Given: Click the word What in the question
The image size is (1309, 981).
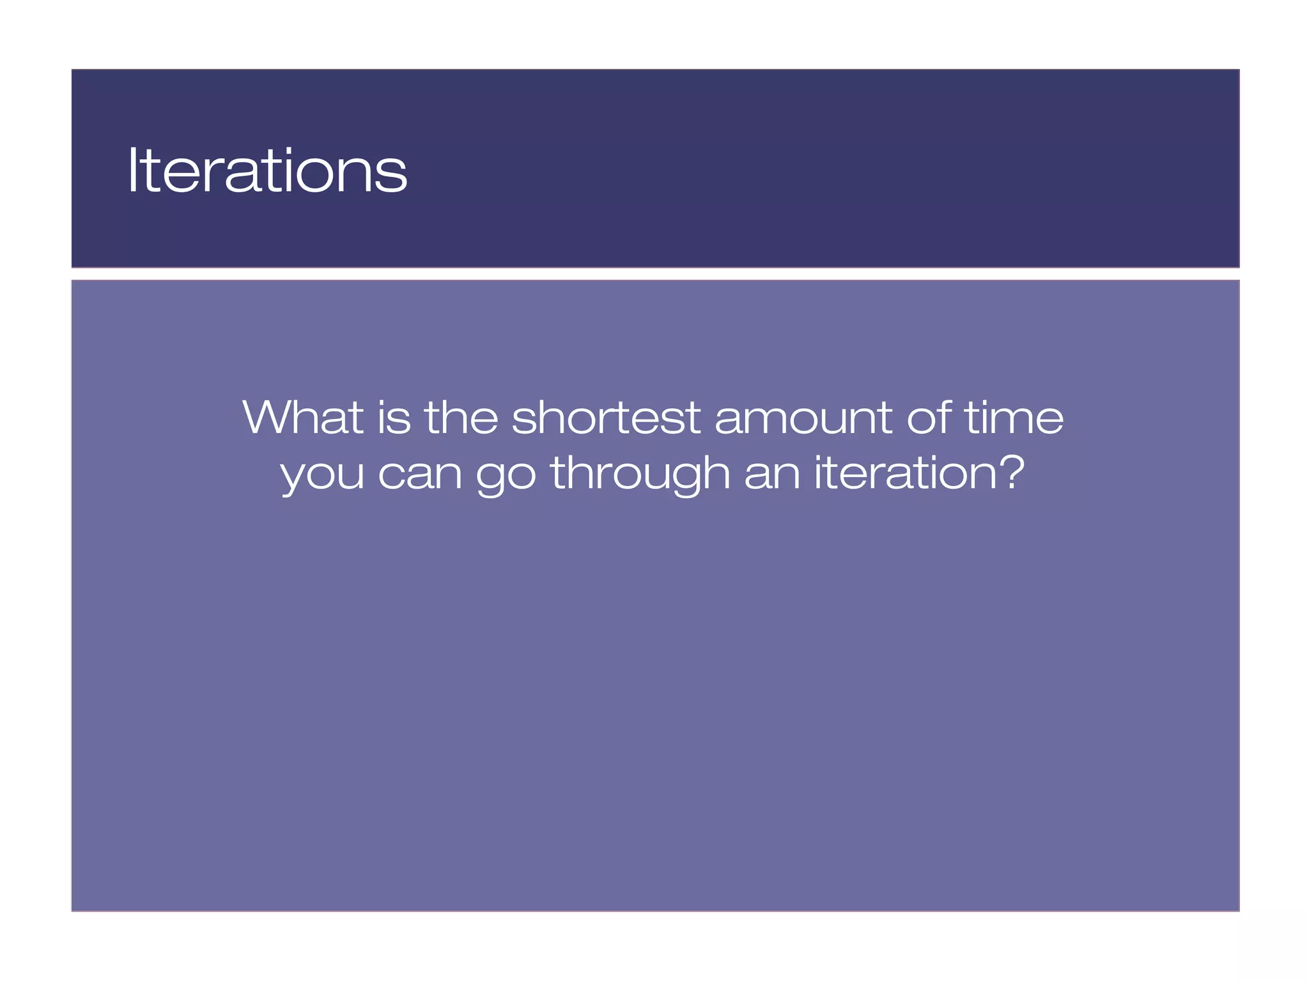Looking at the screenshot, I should point(303,418).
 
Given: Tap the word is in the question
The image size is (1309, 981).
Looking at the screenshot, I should point(394,418).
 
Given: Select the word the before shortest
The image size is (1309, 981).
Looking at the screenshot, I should point(461,418).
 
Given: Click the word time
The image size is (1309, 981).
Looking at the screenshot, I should point(1014,418).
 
